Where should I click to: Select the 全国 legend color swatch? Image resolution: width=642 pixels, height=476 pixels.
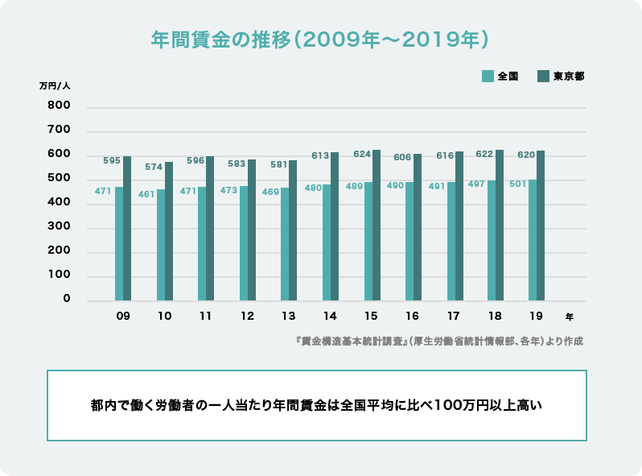pos(488,77)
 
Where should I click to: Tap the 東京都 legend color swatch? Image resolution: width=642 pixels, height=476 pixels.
pos(543,77)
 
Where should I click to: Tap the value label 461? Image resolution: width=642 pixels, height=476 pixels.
pos(145,194)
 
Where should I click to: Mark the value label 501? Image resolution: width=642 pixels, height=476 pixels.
pos(517,184)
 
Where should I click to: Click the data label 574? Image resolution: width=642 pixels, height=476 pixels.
pos(154,167)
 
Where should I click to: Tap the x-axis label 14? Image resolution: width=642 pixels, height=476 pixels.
pos(330,317)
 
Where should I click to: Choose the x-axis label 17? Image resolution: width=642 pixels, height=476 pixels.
pos(455,317)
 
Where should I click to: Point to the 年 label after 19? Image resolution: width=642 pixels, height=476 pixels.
pos(570,317)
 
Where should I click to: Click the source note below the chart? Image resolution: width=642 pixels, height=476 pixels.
pos(439,341)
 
